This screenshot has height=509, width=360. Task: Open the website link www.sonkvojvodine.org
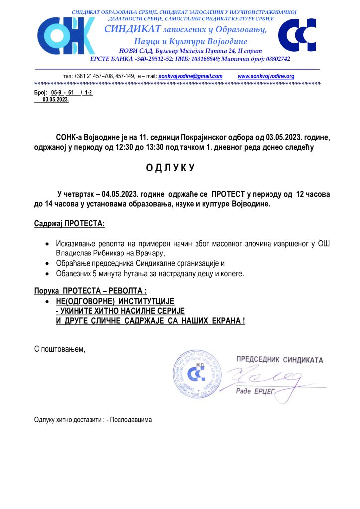(266, 76)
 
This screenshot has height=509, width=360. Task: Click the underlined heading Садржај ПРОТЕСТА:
(69, 224)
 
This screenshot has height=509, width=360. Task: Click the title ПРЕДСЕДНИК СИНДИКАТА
(279, 360)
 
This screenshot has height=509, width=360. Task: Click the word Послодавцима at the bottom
(131, 419)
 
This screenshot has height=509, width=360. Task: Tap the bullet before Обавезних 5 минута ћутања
(47, 274)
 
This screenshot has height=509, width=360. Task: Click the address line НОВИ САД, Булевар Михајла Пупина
(191, 51)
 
